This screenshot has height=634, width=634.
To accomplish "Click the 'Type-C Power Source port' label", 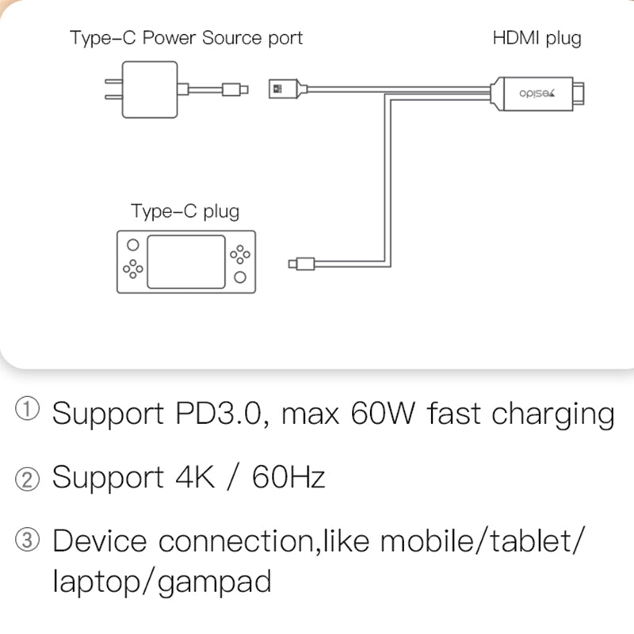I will (186, 37).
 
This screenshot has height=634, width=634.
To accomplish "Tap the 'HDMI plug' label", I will (537, 37).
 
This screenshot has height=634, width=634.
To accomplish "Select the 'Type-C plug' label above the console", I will (185, 212).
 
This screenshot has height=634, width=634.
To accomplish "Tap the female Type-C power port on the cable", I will (281, 89).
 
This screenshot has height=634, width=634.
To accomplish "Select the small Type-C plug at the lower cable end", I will (303, 263).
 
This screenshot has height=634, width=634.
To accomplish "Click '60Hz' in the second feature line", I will (288, 478).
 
